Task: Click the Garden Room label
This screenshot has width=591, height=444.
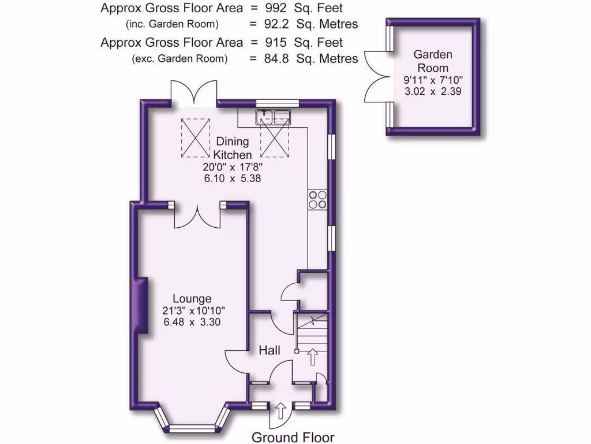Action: (433, 61)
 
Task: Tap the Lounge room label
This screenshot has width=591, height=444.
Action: (192, 299)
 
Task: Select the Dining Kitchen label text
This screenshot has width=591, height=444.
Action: (233, 148)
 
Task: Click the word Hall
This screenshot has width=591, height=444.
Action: (270, 350)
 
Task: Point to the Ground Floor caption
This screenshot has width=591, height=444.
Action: (293, 437)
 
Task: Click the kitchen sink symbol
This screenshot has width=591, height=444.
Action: (274, 117)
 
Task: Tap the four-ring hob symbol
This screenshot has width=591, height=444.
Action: (317, 199)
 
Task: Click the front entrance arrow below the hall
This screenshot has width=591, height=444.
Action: (281, 412)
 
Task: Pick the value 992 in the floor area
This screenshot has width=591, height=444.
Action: (280, 9)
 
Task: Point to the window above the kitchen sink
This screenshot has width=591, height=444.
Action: (278, 103)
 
